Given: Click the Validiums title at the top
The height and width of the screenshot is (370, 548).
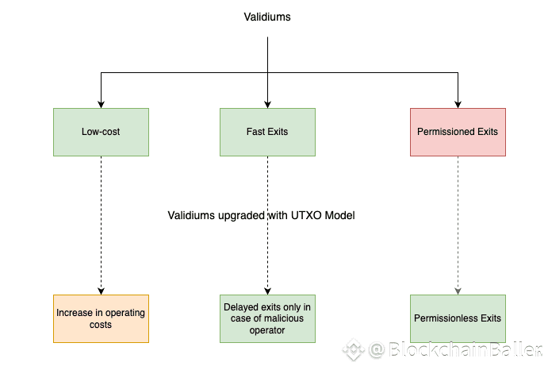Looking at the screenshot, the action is coord(267,17).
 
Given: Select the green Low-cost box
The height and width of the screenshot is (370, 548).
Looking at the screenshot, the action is coord(101,132).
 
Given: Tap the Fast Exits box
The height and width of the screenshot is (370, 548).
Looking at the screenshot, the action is coord(267,132).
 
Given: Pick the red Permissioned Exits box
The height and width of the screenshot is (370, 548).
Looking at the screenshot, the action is coord(458,132).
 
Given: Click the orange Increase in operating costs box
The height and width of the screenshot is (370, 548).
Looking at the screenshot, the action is coord(101,318).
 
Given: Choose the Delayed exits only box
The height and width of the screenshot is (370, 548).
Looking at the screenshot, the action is coord(267,318).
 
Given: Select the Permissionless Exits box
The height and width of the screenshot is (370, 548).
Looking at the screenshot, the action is coord(458,318).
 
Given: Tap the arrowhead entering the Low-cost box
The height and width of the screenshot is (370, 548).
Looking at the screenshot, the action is coord(101,105).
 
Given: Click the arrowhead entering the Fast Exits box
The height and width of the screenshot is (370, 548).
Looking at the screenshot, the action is coord(267,105).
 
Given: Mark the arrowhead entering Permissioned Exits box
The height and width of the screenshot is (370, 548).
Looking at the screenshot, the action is coord(458,105).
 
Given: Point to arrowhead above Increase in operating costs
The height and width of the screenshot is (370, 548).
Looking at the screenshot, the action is coord(101,291).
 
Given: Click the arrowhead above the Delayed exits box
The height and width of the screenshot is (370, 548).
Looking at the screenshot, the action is coord(267,291).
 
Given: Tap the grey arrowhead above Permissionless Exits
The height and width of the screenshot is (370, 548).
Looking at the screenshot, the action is coord(458,291).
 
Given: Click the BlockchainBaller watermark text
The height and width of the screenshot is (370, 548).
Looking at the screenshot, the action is coord(465,349).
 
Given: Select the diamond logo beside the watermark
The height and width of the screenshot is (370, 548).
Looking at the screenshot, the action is coord(354,349).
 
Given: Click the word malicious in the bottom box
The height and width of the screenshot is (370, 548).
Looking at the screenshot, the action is coord(283,318).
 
